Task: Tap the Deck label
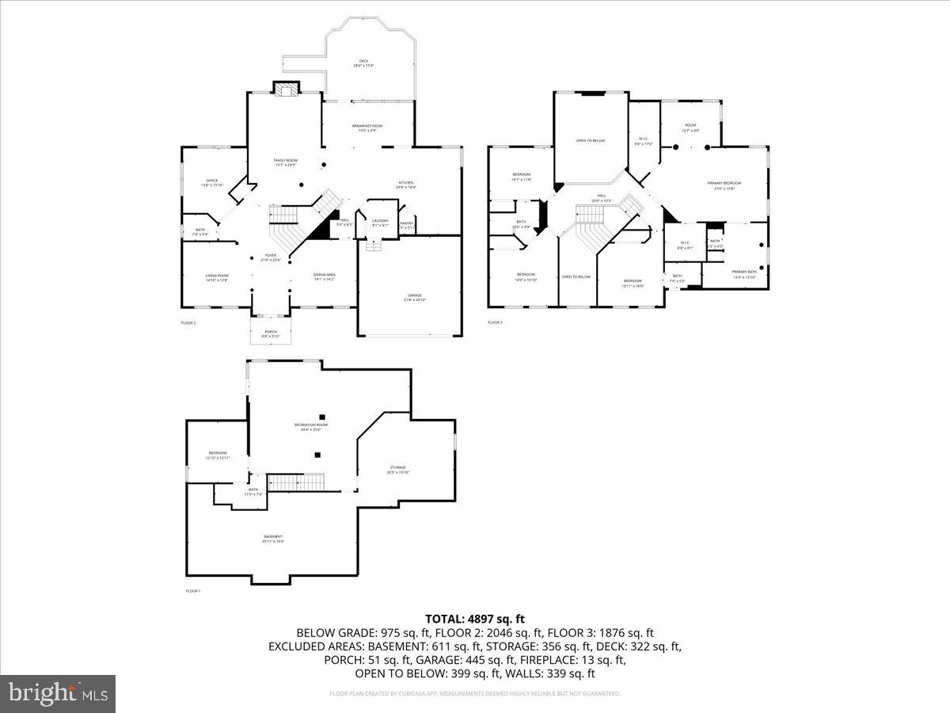point(363,63)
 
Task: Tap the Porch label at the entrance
point(271,333)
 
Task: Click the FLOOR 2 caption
point(188,322)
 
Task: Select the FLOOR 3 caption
point(495,322)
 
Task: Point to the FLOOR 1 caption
point(193,591)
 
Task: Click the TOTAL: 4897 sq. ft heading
point(475,619)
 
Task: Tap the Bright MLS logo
point(58,694)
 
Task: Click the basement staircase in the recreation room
point(296,482)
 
